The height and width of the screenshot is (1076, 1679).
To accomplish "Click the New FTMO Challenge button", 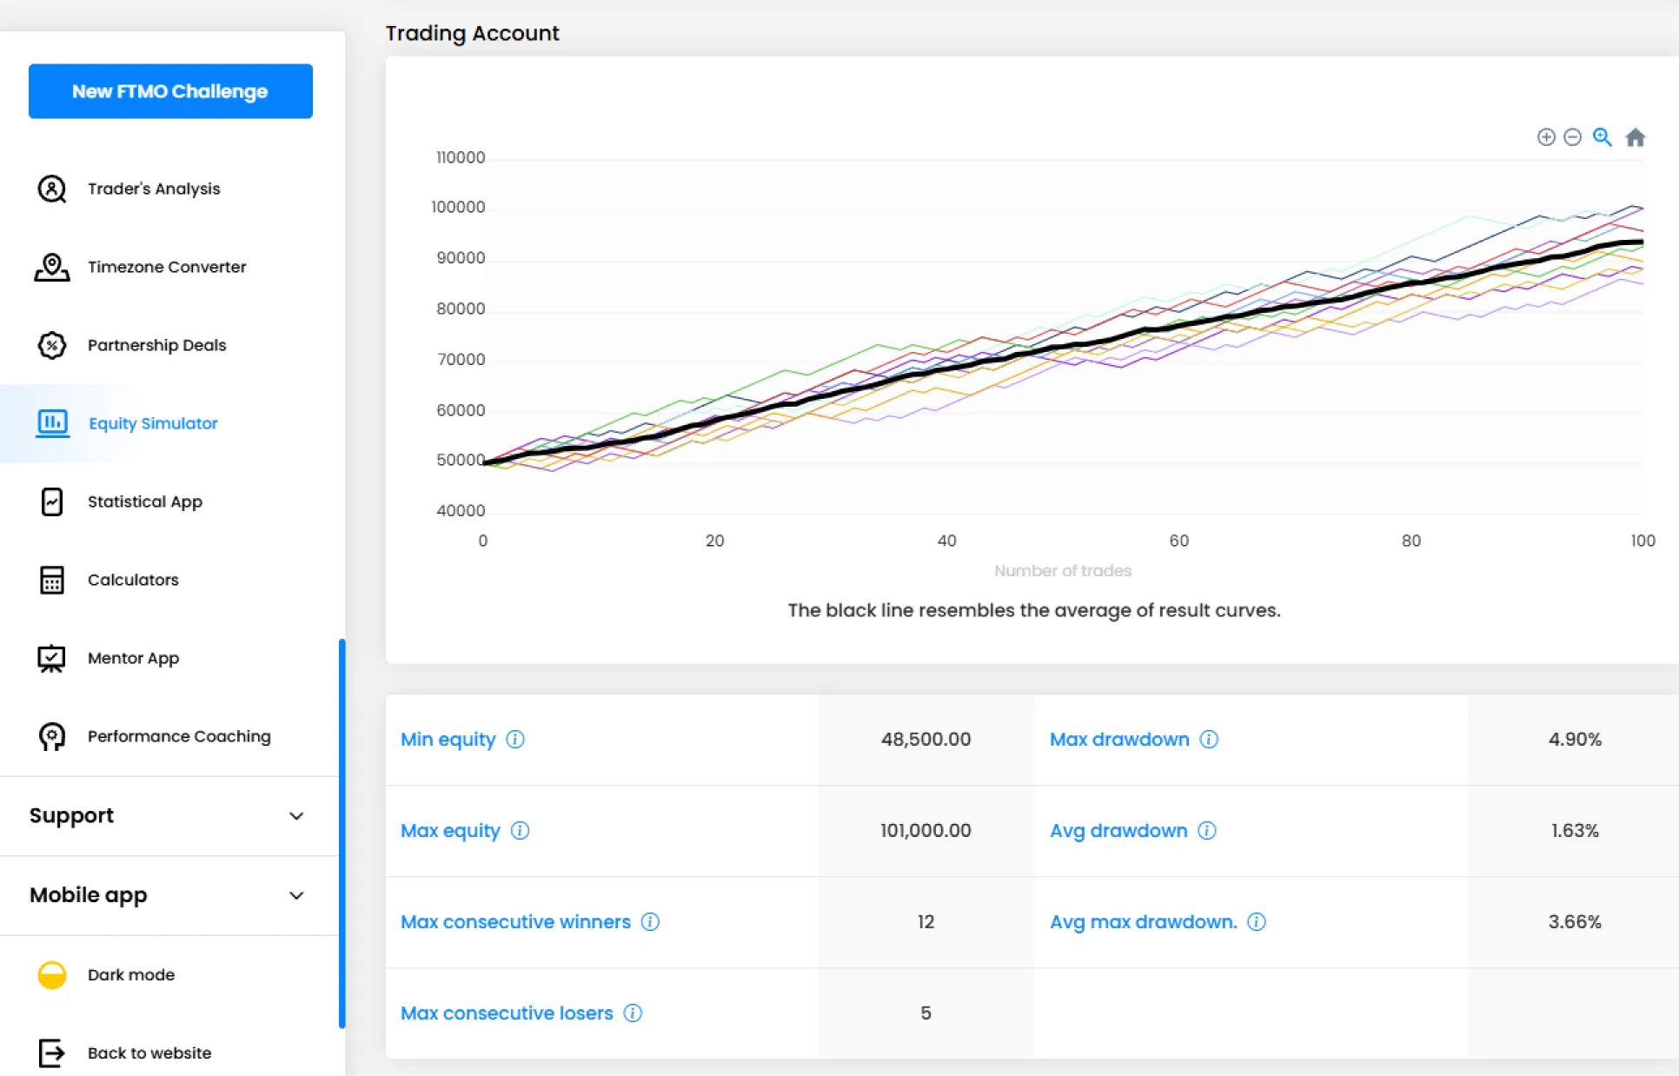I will (x=170, y=91).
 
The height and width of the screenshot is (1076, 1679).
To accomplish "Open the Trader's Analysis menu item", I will (x=154, y=189).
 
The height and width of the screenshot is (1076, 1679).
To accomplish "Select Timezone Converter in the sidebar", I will (x=166, y=267).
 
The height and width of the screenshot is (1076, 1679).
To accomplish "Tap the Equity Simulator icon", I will (x=52, y=423).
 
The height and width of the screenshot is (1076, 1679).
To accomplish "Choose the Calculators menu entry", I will (x=133, y=580).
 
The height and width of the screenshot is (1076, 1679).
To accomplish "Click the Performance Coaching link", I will (x=179, y=736).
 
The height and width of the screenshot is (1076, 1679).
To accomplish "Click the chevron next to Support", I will (x=296, y=816).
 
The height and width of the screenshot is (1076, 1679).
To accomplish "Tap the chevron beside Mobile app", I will (x=296, y=895).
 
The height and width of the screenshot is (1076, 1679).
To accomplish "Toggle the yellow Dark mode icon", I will (x=52, y=975).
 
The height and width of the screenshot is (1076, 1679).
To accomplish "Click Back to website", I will (x=149, y=1053).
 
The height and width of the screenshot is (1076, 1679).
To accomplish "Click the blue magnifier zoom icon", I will (x=1602, y=137).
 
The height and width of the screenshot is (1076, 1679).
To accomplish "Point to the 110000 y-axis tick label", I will (x=461, y=157).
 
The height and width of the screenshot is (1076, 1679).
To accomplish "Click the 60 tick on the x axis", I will (x=1178, y=541).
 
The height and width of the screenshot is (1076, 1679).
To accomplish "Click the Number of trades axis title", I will (x=1062, y=571).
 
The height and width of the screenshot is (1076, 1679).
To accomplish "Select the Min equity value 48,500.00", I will (x=926, y=739).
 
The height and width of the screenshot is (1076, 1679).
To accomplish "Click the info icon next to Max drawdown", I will (x=1209, y=739).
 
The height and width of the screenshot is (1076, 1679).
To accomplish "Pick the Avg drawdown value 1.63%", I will (x=1574, y=830).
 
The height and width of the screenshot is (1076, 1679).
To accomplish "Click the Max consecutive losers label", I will (x=507, y=1013).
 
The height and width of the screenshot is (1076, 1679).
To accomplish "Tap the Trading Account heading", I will (x=472, y=33).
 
